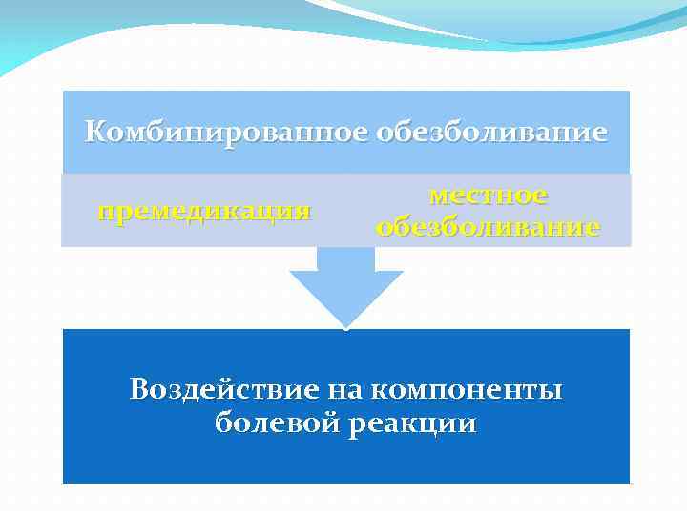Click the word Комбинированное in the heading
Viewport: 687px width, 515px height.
click(x=226, y=132)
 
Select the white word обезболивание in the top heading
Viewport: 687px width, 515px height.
click(x=490, y=132)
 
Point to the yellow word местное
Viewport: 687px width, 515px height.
click(x=488, y=195)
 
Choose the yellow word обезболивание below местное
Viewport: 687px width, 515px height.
click(x=488, y=227)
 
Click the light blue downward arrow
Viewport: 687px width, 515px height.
click(x=345, y=286)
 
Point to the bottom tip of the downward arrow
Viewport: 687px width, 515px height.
click(x=345, y=326)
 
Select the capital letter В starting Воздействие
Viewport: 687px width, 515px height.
click(x=140, y=389)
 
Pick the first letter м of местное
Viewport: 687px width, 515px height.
click(x=439, y=196)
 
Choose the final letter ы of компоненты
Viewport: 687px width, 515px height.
click(x=552, y=391)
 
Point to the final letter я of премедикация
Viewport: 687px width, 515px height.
click(x=302, y=212)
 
